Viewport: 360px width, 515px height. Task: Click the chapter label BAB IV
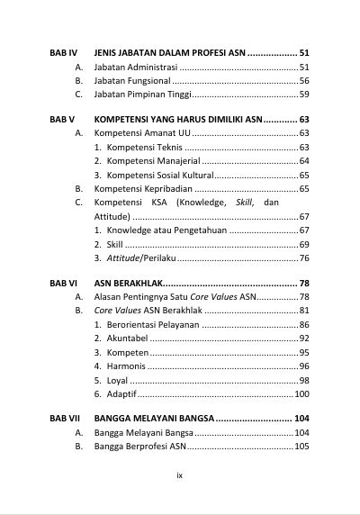click(63, 53)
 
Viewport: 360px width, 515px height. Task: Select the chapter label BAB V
click(62, 119)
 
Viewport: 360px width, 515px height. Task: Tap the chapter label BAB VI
click(63, 283)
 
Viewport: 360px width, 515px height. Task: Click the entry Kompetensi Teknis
click(145, 147)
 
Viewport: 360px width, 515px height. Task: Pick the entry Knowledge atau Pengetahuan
click(166, 230)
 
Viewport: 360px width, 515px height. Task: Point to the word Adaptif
click(123, 394)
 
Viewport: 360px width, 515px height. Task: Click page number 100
click(301, 394)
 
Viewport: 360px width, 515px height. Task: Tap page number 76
click(304, 258)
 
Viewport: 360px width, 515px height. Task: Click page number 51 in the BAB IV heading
click(304, 53)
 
